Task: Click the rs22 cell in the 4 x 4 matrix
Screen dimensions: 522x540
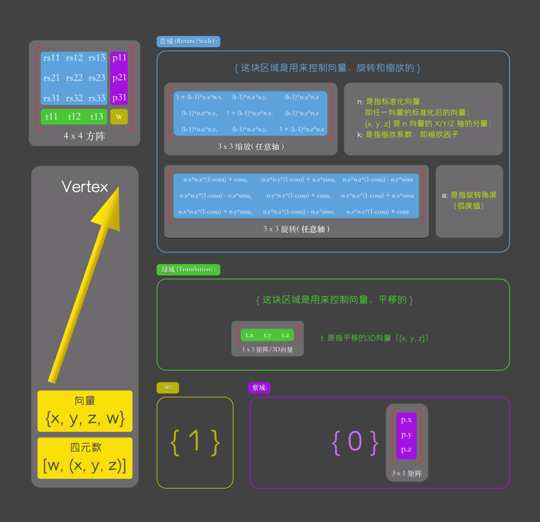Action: point(74,78)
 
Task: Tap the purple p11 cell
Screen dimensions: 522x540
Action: point(119,58)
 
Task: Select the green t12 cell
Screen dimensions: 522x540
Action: point(74,116)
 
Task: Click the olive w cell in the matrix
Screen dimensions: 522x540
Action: point(119,116)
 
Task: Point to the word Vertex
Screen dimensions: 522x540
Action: point(84,187)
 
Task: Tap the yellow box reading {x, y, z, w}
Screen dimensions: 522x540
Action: point(85,411)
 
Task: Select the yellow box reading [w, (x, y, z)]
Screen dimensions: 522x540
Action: point(85,458)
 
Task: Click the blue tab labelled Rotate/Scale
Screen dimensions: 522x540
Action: point(188,41)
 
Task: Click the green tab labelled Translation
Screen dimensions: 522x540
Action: point(188,269)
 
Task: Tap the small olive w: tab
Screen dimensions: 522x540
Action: point(168,387)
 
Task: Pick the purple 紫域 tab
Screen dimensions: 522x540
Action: point(259,387)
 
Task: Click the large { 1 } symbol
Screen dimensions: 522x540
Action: point(195,442)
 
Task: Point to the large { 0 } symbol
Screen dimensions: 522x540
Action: point(355,442)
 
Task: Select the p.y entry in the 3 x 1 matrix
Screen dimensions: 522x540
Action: point(406,434)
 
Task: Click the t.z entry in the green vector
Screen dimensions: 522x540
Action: point(285,335)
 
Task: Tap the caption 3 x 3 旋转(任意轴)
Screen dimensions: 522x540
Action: point(296,229)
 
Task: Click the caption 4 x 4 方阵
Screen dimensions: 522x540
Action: point(84,136)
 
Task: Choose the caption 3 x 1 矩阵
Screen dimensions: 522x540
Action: point(407,473)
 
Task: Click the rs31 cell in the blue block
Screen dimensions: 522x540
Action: point(51,98)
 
